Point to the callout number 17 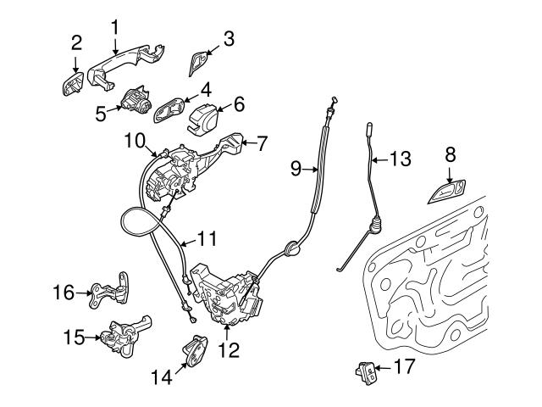[405, 368]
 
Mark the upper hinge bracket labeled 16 [113, 291]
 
